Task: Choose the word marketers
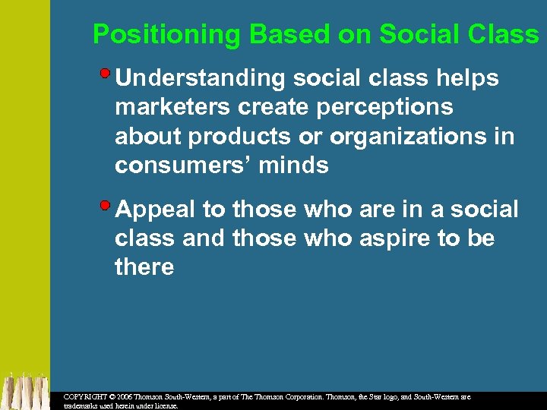(x=169, y=107)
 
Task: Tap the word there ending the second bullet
(x=144, y=267)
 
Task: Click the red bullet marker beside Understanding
(x=106, y=74)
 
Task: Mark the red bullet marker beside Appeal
(x=106, y=205)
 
